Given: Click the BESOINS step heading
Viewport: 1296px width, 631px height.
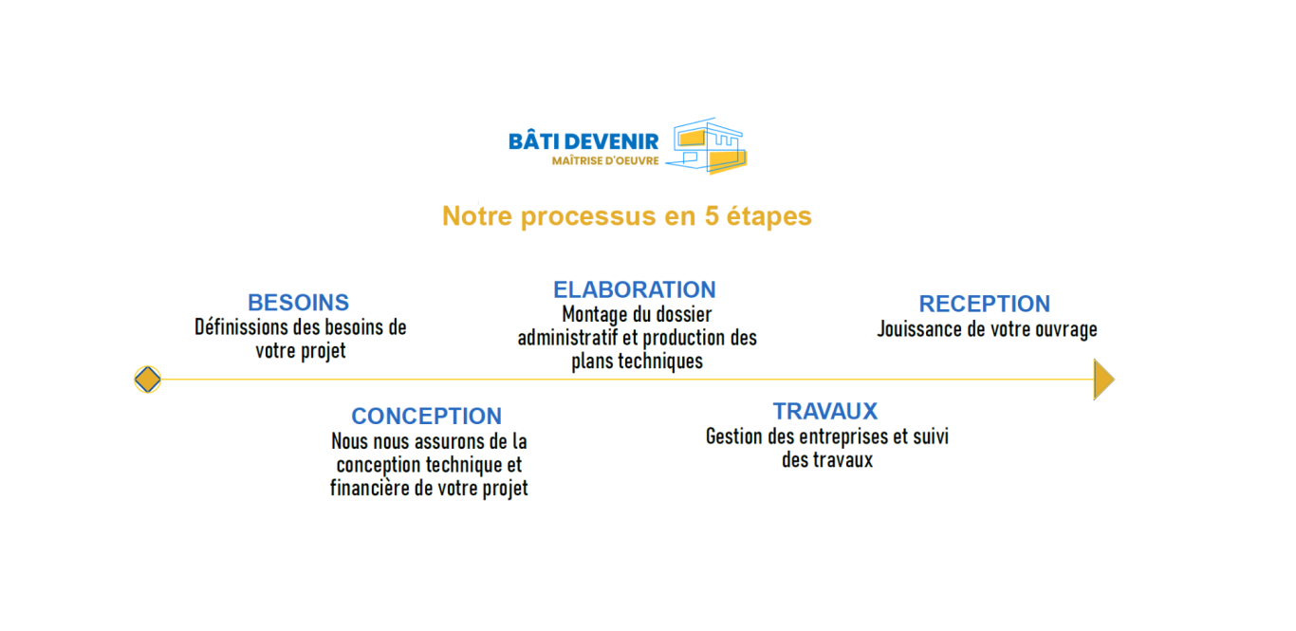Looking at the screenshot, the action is coord(299,303).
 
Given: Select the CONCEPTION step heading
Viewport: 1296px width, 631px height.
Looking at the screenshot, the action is coord(426,417).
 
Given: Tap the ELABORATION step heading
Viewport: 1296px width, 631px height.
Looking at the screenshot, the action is coord(635,289).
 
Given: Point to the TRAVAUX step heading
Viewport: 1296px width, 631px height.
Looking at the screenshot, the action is coord(825,412).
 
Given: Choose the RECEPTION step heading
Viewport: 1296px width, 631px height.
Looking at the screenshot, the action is coord(985,304).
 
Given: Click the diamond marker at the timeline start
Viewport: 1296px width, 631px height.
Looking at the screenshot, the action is coord(148,380).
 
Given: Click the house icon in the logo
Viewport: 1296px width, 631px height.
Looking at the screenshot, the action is coord(707,146).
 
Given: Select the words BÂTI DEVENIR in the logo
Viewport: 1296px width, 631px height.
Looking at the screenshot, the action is coord(583,141).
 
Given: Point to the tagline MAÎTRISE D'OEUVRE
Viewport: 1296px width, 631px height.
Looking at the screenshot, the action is coord(605,161).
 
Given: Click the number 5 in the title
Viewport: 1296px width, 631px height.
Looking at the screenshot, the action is coord(711,216).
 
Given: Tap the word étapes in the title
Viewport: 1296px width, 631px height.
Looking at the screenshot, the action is coord(768,216).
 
